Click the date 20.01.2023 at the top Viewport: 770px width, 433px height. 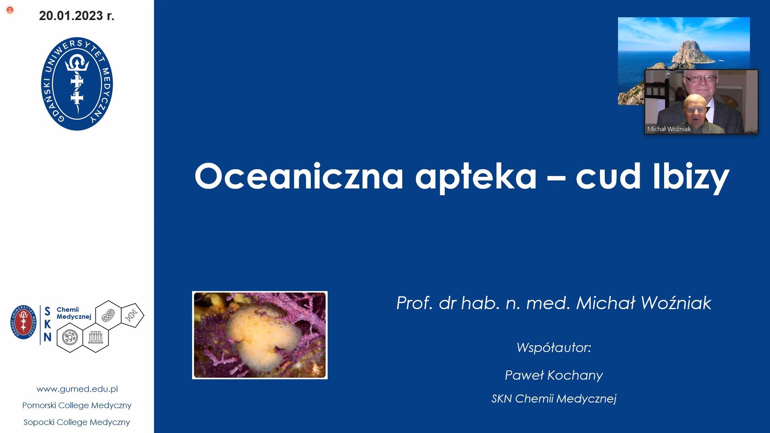pos(71,16)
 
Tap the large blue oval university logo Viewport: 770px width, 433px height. pos(77,84)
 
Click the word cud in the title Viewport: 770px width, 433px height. pos(608,176)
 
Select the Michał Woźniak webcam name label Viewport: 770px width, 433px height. pos(669,129)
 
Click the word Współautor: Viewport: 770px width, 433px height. pos(554,347)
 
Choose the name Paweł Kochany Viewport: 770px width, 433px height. pos(554,375)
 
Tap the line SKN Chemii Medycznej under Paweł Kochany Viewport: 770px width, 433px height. pos(554,399)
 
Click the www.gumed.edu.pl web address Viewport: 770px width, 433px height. pos(77,389)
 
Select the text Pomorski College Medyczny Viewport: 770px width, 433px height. pos(77,405)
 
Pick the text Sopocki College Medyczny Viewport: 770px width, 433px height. pos(77,422)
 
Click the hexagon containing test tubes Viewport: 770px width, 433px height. pos(96,338)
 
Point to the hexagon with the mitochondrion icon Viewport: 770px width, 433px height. pos(109,315)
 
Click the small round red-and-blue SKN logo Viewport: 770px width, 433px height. pos(24,322)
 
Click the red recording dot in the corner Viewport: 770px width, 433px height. pos(10,10)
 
